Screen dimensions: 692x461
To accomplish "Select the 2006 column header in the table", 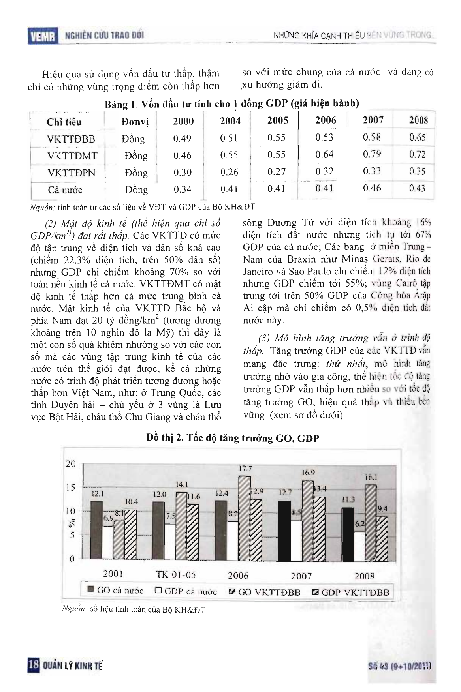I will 326,120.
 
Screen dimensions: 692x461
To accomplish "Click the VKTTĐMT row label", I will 72,156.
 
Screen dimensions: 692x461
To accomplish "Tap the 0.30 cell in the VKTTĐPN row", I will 183,172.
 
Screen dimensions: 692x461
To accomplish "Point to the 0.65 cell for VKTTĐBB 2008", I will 418,137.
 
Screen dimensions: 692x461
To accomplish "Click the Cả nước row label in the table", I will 65,190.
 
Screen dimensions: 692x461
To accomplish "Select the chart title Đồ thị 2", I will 232,438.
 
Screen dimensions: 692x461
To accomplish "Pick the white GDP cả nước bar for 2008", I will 359,546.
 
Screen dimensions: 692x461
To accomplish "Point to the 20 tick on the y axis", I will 71,464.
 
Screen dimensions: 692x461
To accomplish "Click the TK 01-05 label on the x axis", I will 176,575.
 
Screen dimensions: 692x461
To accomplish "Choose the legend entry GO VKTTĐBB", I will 265,592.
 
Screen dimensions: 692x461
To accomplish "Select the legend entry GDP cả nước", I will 186,591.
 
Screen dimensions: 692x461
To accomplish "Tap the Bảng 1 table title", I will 232,104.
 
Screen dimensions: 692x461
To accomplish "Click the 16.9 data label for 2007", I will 308,473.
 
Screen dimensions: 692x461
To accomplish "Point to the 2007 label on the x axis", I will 301,576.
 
